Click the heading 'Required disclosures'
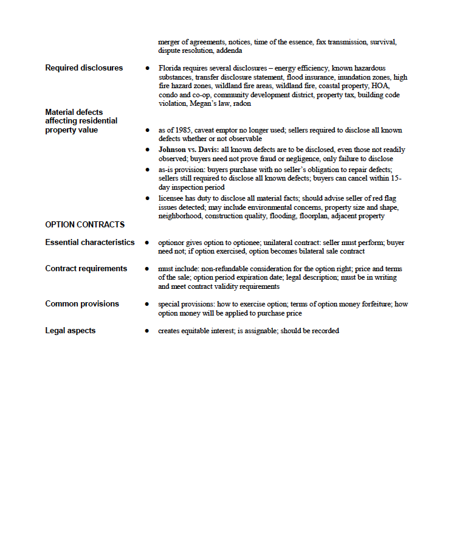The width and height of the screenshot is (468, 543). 84,68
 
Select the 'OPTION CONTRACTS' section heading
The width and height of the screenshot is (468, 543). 84,225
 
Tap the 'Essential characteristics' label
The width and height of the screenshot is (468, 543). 90,243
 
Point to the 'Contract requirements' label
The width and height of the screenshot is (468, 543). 86,269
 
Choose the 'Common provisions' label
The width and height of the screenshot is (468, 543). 82,304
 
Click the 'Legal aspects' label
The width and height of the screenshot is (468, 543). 70,331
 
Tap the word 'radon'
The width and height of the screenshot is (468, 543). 243,104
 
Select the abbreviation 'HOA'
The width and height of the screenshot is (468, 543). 381,86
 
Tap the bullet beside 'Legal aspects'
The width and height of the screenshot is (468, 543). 147,331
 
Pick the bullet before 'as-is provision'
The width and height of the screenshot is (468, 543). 147,169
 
